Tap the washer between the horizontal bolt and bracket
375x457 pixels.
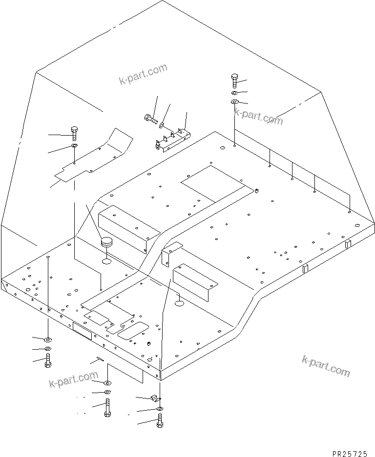coord(162,125)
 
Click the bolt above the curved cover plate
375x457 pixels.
coord(74,132)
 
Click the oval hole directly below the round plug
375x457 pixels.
coord(106,262)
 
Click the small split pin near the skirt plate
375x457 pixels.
coord(100,359)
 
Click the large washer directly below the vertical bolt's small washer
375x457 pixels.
coord(234,102)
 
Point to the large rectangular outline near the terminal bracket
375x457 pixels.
coord(213,183)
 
